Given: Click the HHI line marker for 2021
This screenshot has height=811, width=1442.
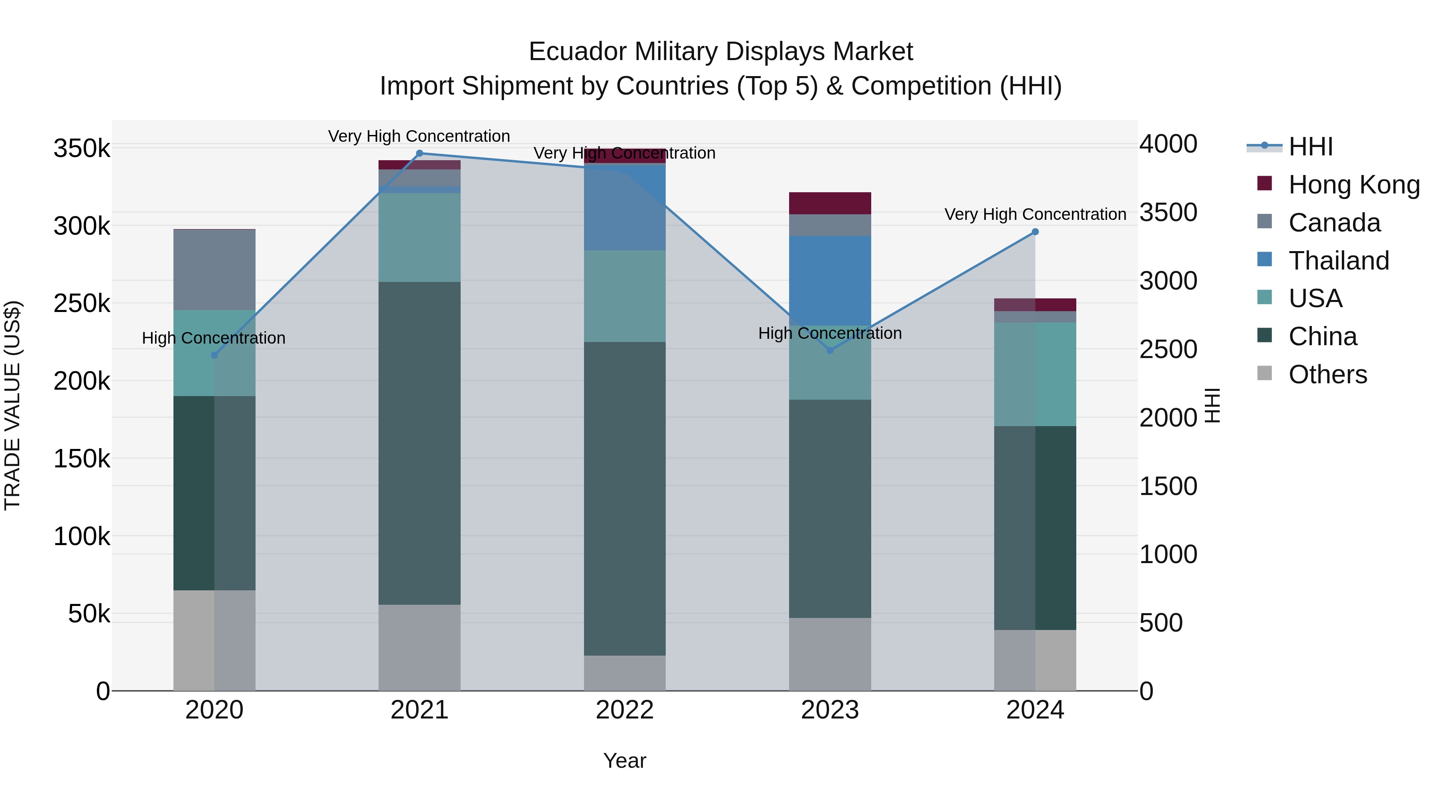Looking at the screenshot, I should (x=419, y=153).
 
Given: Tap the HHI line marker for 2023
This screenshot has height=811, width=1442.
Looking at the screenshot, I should (x=830, y=350).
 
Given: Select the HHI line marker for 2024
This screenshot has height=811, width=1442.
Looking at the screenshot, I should (x=1035, y=232).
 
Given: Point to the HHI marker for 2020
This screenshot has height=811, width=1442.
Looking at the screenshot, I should (x=214, y=355).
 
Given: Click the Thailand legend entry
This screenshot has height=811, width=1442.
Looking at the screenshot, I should (x=1338, y=261).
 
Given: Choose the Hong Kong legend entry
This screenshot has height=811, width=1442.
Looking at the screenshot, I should (x=1353, y=185).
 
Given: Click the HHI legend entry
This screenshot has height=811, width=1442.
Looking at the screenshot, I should (x=1310, y=147).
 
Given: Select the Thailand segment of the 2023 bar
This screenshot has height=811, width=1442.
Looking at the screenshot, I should (x=830, y=280).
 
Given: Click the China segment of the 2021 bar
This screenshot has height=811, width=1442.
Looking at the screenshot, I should (x=419, y=442).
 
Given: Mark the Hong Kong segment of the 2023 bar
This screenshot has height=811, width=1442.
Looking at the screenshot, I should (x=830, y=203).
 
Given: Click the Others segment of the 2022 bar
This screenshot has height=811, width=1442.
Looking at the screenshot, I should (x=625, y=673).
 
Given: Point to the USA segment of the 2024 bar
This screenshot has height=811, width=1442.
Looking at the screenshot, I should (x=1035, y=374).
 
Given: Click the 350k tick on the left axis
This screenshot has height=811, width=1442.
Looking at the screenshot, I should (x=82, y=149).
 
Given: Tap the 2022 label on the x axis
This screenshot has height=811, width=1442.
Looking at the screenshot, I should (x=625, y=710).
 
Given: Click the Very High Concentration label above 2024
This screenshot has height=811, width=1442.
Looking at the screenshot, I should (x=1035, y=214).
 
